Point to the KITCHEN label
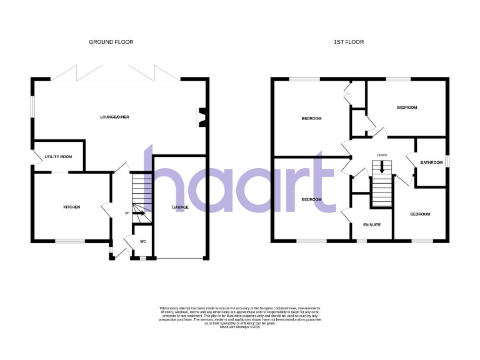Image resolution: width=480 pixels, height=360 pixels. click(x=71, y=207)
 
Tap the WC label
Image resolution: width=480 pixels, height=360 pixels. click(x=142, y=241)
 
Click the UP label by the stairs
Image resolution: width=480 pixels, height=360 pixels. click(x=127, y=214)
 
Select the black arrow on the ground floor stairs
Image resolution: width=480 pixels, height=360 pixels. click(x=138, y=214)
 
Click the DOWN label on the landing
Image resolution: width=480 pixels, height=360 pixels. click(x=382, y=155)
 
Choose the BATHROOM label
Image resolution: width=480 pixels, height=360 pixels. click(x=431, y=163)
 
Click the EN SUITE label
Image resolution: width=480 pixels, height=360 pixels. click(x=372, y=224)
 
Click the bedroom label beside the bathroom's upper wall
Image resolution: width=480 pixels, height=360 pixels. click(x=407, y=107)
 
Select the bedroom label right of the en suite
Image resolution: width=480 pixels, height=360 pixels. click(x=420, y=214)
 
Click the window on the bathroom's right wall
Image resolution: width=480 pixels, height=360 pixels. click(x=447, y=161)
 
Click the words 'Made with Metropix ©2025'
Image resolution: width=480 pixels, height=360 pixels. click(x=240, y=327)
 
